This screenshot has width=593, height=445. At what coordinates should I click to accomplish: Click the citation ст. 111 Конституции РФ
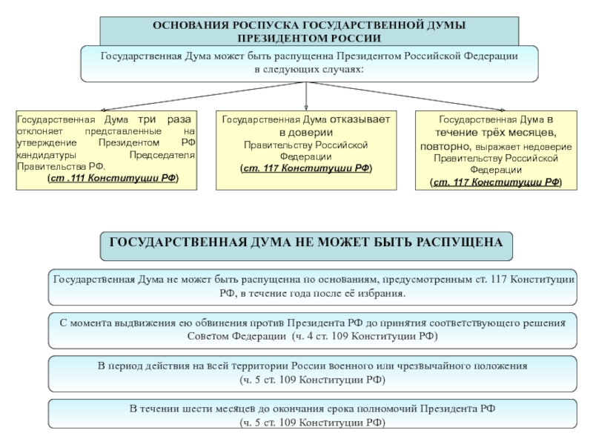coord(113,178)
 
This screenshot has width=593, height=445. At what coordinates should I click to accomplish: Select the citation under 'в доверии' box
coord(306,168)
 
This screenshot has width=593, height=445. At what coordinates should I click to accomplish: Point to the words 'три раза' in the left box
coord(165,119)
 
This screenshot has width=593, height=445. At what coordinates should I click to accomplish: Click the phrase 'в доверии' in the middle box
coord(306,133)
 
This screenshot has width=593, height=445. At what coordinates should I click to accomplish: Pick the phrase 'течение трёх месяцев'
coord(494,133)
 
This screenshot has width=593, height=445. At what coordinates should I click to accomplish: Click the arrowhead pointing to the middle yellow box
coord(306,108)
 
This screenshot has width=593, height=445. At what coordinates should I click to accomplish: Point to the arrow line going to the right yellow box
coord(406,96)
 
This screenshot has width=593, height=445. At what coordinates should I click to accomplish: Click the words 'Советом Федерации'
coord(236,336)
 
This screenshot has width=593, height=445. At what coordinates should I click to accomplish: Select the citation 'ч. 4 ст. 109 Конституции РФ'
coord(365,336)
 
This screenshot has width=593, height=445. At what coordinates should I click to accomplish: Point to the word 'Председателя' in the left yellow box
coord(162,155)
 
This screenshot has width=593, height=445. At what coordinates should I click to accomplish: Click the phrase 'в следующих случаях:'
coord(309,70)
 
